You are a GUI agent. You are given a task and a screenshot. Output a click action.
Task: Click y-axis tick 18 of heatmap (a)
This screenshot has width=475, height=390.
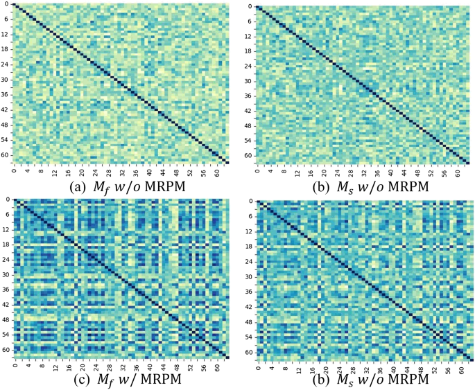[x=6, y=49]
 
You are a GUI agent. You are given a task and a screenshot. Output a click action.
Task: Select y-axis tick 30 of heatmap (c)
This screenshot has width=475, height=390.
[x=6, y=276]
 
